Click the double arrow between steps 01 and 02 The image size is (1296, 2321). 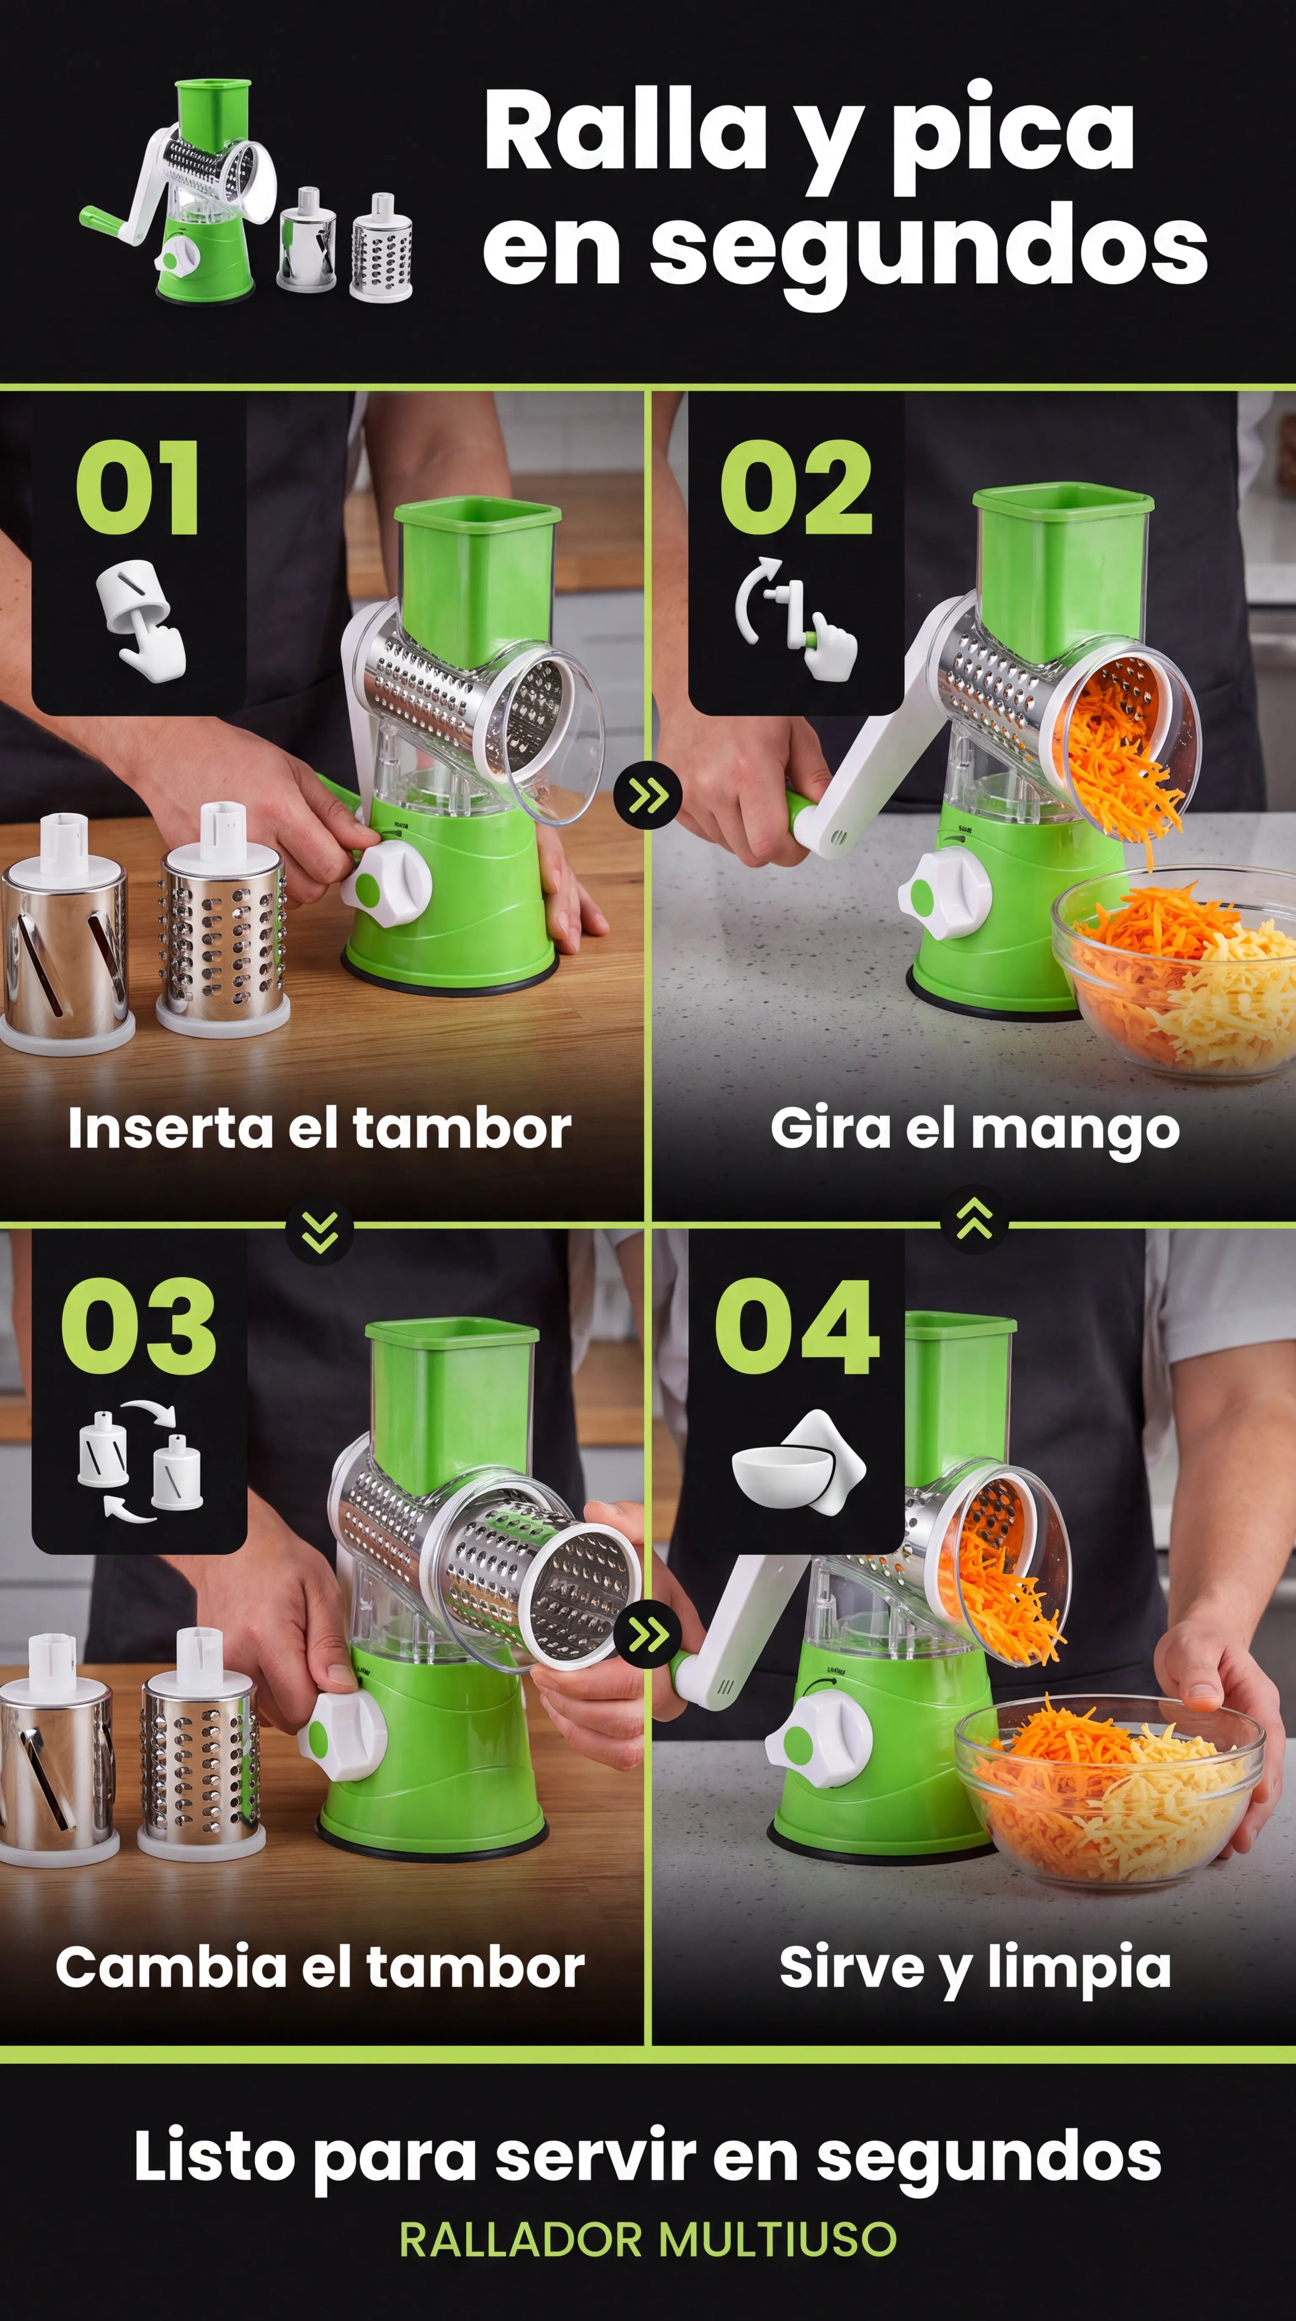[648, 795]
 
